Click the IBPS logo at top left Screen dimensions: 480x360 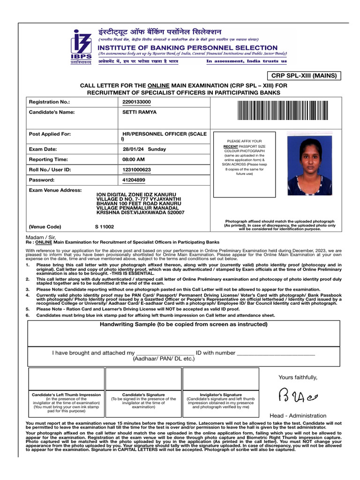click(x=81, y=47)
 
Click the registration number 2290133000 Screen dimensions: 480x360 click(x=136, y=102)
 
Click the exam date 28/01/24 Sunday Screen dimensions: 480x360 click(x=144, y=149)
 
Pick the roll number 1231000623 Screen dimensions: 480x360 click(x=136, y=170)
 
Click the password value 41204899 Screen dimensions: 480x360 click(x=134, y=180)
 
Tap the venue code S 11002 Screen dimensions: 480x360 click(x=104, y=226)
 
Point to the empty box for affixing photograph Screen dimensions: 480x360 click(x=244, y=165)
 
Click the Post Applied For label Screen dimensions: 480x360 click(x=50, y=134)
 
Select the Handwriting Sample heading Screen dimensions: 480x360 click(x=184, y=324)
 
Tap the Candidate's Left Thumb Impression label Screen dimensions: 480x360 click(x=66, y=395)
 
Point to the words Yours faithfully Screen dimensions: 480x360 click(x=298, y=377)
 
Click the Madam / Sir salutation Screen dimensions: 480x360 click(x=39, y=237)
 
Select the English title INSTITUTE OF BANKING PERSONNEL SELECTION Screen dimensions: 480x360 click(x=187, y=48)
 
